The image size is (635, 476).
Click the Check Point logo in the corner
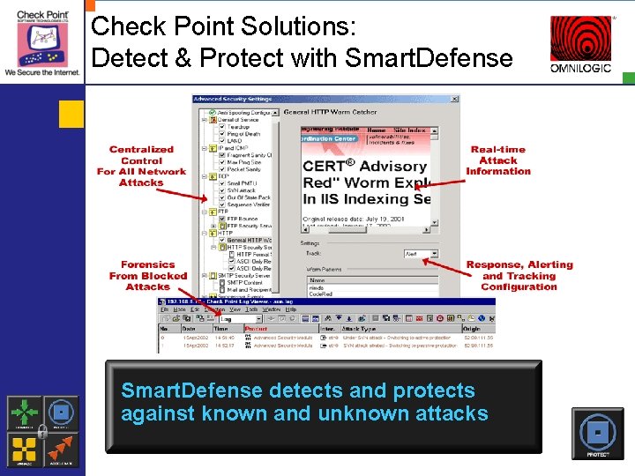[41, 41]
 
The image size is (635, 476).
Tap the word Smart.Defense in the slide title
[429, 58]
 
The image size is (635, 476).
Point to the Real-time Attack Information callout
[498, 160]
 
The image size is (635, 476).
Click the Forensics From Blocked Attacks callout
[147, 275]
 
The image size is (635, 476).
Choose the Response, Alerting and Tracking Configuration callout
[519, 276]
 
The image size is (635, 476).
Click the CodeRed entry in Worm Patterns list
[318, 291]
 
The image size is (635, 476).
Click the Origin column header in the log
[472, 329]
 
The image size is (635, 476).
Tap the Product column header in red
[257, 329]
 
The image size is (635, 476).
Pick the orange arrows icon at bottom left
[60, 448]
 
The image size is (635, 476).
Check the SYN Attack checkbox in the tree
[222, 190]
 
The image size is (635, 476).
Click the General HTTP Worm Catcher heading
[330, 112]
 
